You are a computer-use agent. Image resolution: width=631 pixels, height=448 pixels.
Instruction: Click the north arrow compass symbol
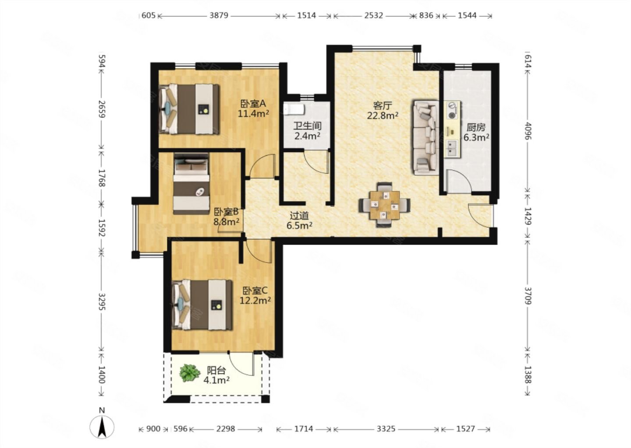102,427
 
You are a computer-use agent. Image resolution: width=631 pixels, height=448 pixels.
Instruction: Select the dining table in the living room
385,205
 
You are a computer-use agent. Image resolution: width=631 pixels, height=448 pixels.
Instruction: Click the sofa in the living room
426,137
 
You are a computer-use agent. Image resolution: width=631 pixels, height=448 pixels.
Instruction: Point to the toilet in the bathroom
294,110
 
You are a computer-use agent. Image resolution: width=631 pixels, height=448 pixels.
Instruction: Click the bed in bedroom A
189,109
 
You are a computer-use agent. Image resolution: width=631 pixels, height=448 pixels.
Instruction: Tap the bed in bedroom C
202,304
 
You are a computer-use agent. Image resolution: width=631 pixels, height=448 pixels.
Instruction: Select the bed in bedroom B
191,183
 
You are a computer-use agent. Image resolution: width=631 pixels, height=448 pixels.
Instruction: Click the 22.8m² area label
382,115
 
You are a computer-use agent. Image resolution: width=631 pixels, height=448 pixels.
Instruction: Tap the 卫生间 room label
307,126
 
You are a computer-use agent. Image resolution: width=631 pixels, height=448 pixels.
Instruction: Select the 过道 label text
299,216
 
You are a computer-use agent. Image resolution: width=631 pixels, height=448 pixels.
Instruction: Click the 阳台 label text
216,371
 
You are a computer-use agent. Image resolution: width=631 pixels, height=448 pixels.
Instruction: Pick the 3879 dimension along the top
219,15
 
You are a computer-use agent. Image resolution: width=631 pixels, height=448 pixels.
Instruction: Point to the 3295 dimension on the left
102,302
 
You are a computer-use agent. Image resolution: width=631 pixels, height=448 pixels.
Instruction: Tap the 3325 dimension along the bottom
386,429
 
